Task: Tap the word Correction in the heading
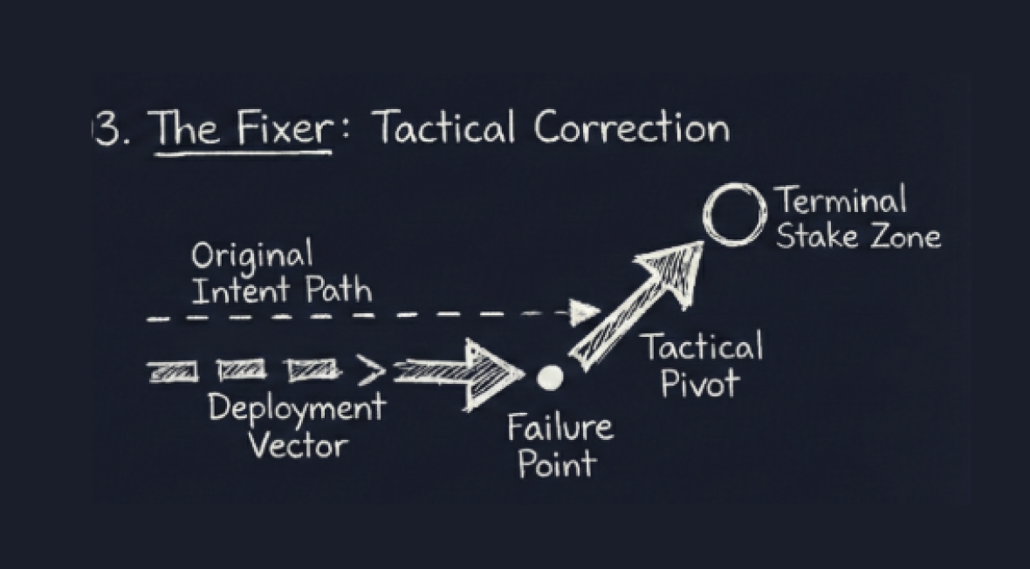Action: tap(632, 129)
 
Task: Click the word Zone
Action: tap(904, 237)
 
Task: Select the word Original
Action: tap(251, 257)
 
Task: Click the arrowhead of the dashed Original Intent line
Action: tap(587, 310)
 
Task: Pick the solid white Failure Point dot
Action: tap(551, 378)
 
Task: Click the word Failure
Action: tap(560, 428)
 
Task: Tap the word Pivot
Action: tap(701, 383)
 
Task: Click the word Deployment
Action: tap(296, 408)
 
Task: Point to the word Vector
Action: tap(297, 445)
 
